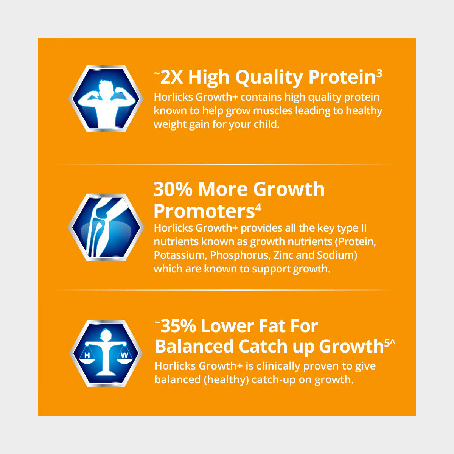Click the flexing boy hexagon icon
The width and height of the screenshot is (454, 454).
click(x=106, y=98)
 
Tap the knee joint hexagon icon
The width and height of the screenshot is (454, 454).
click(x=106, y=227)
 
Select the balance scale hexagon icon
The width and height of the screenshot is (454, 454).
click(x=106, y=353)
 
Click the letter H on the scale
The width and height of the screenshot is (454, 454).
click(x=87, y=355)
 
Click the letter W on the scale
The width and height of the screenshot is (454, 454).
click(x=124, y=355)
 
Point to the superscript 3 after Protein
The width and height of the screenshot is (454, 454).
click(x=379, y=74)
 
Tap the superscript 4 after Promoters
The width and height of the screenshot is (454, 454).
click(x=258, y=208)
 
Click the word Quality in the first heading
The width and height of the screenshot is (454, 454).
click(x=269, y=78)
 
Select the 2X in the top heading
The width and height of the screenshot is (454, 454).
click(x=171, y=78)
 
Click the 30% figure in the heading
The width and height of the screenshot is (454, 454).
click(x=173, y=189)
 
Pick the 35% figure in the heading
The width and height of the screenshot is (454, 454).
click(x=178, y=326)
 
